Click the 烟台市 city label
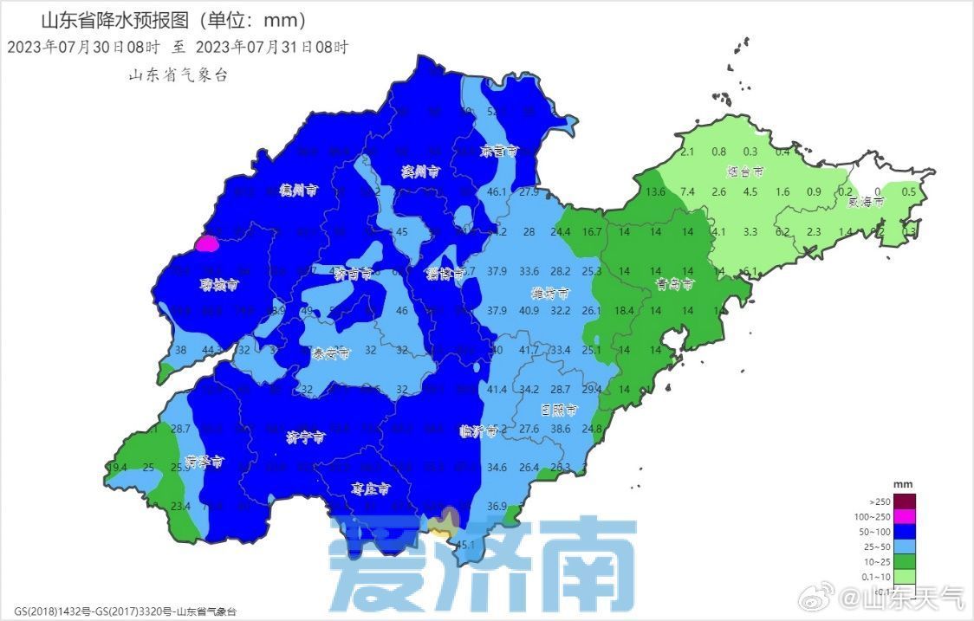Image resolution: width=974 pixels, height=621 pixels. pos(745,172)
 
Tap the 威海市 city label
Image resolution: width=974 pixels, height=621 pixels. pos(866,203)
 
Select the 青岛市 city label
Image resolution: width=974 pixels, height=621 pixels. pos(675,283)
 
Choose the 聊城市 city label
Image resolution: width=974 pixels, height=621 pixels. pos(219,284)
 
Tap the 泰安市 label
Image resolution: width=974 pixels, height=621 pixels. pos(332,353)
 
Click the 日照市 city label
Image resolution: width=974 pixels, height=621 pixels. pos(556,409)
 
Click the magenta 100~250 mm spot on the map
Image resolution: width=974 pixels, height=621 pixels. pos(206,243)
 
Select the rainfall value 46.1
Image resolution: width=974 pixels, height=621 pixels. pos(497,191)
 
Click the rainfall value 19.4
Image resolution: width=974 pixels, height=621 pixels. pos(118,468)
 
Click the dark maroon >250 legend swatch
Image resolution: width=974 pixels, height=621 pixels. pos(905,501)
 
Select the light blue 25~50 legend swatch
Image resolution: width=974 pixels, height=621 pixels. pos(905,547)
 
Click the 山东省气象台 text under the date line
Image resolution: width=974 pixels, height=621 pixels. pos(179,75)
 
